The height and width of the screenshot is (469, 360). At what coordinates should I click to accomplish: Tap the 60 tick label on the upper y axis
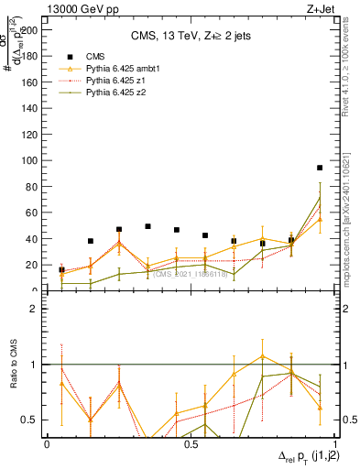[31, 213]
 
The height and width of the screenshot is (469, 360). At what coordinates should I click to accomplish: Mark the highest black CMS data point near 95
[320, 168]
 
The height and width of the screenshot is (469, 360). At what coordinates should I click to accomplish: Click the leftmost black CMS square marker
[61, 270]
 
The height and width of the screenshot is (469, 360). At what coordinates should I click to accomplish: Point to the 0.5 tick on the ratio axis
[28, 420]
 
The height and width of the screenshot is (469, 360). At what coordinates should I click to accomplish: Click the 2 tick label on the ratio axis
[34, 309]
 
